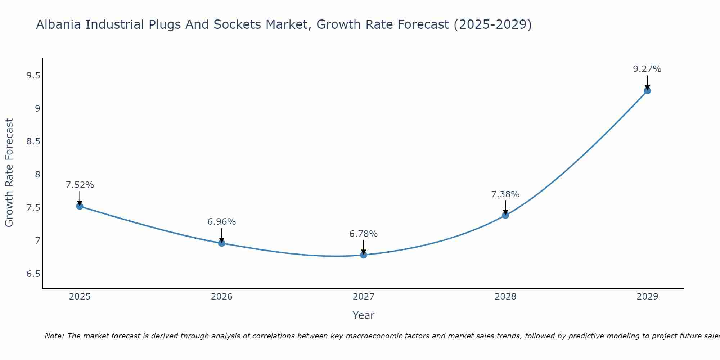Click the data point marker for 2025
pos(80,206)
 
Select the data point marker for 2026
pos(222,243)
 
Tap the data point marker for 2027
pos(364,255)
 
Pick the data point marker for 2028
pos(505,215)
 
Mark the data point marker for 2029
pos(647,91)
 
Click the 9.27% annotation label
pos(647,69)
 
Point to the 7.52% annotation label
pos(80,185)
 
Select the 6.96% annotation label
pos(222,222)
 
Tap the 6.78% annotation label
pos(364,234)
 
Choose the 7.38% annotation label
pos(505,194)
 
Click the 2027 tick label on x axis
pos(364,297)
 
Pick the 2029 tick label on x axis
pos(647,297)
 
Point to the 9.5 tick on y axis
pos(33,76)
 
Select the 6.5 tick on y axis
pos(33,274)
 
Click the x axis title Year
pos(364,315)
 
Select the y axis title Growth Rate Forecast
pos(9,173)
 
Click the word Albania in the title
pos(58,25)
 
